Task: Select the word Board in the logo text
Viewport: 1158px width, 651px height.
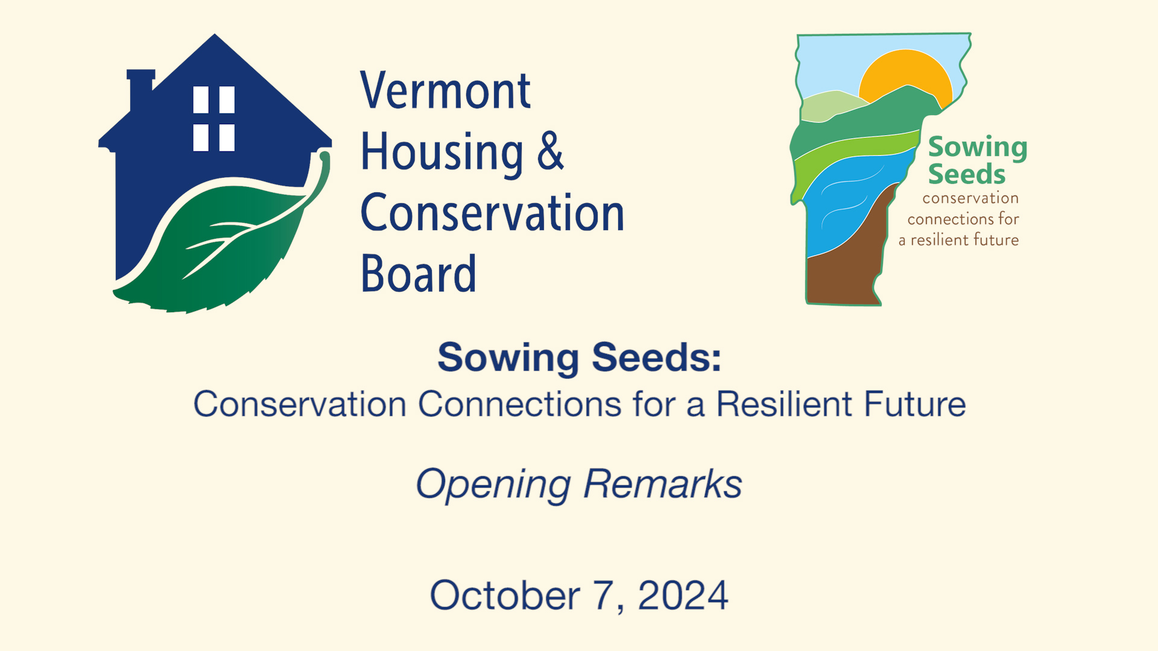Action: point(418,274)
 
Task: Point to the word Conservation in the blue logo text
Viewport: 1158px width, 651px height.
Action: point(492,213)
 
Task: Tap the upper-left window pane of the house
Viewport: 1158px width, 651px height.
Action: point(201,99)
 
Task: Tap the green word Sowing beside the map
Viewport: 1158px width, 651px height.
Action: point(977,147)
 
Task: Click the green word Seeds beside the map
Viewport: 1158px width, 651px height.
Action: point(966,175)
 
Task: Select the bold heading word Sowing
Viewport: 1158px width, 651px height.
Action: point(508,358)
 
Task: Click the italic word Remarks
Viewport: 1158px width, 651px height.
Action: point(662,484)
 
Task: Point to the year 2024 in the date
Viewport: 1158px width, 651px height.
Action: point(683,596)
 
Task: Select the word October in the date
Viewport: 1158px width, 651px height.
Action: point(505,596)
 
